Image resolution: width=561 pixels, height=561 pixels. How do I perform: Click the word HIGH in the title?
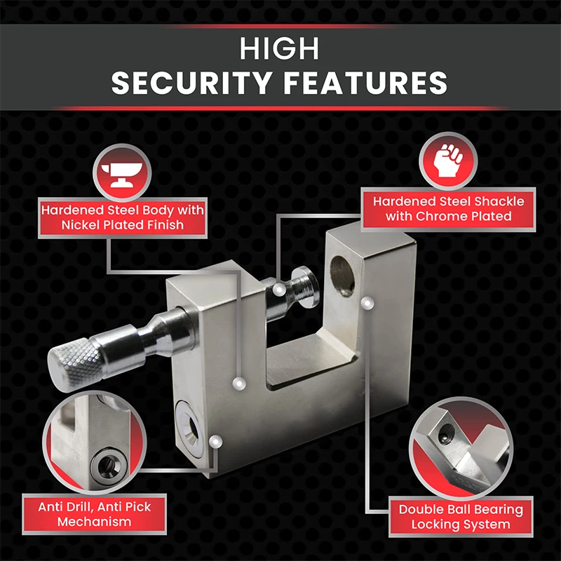279,48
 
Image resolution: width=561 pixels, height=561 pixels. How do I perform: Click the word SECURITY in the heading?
190,83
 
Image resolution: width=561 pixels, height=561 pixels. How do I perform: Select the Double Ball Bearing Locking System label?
461,517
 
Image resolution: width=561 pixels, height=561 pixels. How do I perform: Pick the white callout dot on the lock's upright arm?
365,302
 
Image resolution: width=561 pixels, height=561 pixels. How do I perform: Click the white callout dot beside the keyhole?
216,442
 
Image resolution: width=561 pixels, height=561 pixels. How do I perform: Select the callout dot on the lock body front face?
239,384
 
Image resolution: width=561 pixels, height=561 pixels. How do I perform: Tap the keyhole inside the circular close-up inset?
108,465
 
